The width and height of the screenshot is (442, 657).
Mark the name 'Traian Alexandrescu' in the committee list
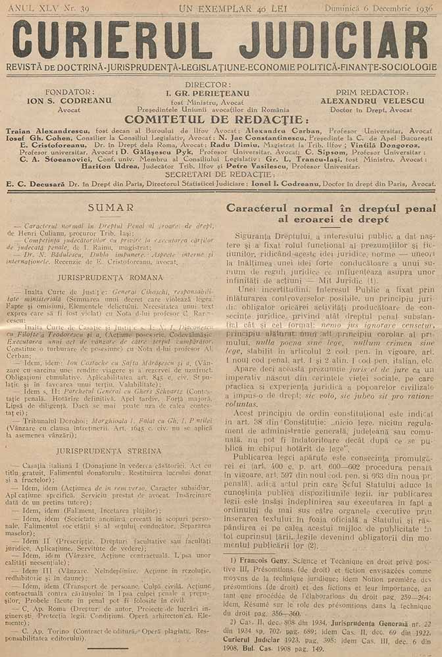tap(41, 132)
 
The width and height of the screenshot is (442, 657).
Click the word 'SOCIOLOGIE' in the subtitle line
tap(407, 67)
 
